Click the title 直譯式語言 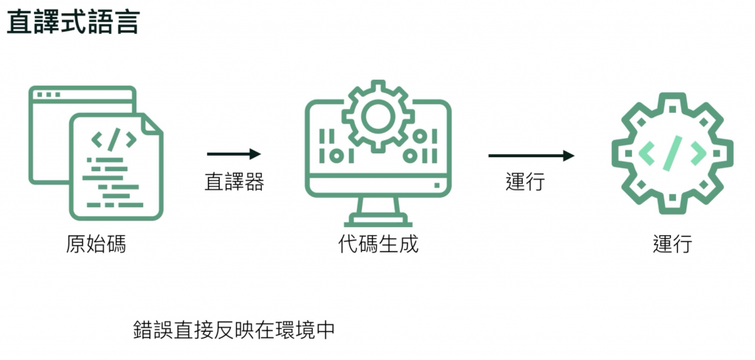click(72, 22)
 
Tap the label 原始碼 click(96, 243)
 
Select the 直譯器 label click(234, 181)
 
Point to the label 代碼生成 click(378, 243)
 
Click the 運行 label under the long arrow click(525, 181)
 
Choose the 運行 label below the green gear click(672, 243)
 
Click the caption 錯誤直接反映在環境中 click(234, 329)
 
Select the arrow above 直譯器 click(234, 154)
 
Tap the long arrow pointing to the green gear click(531, 156)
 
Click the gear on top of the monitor click(378, 114)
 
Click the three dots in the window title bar click(48, 95)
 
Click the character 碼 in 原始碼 click(116, 243)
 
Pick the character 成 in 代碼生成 click(408, 243)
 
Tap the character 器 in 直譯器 click(254, 181)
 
